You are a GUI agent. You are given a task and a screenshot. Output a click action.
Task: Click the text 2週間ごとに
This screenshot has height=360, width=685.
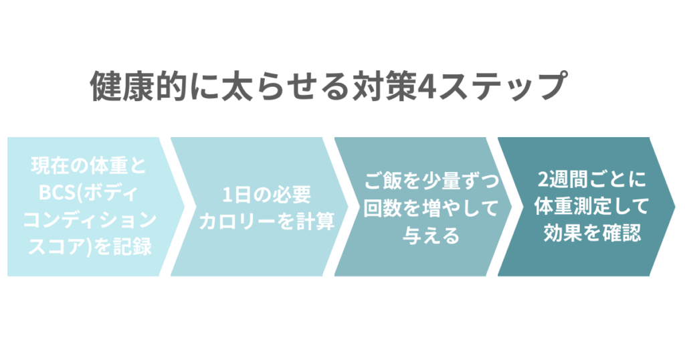(x=583, y=179)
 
